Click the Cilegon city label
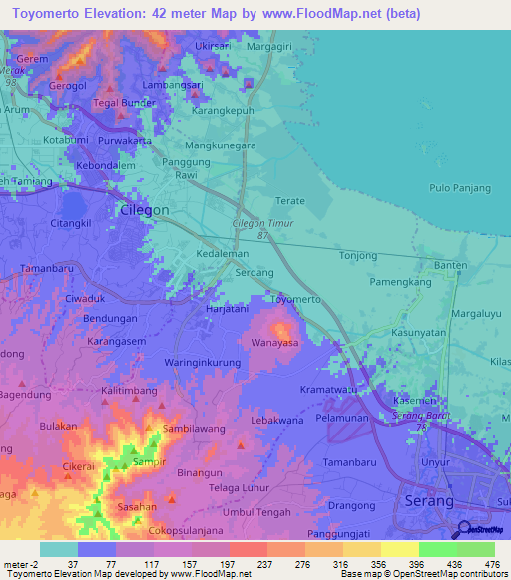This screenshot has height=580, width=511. click(144, 211)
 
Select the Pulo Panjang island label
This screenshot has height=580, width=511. click(459, 187)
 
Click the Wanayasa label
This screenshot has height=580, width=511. click(275, 343)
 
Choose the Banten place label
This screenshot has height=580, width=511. click(450, 265)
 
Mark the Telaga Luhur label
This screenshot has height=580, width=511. click(241, 488)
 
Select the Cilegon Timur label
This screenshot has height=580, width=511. click(262, 224)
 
